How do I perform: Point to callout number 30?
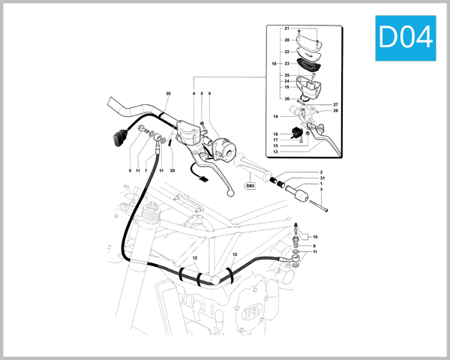(x=168, y=94)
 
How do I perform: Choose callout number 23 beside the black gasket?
(x=286, y=64)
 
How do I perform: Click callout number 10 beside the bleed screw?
(x=314, y=236)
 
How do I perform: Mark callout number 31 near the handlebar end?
(x=321, y=178)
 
